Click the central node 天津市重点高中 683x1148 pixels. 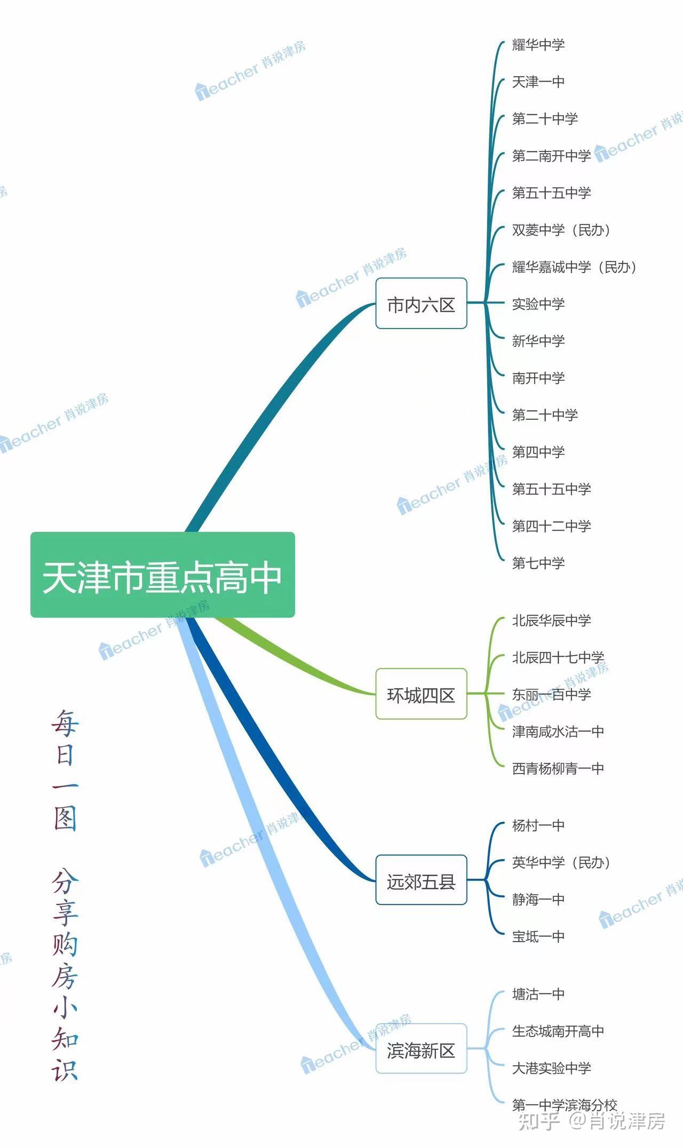162,576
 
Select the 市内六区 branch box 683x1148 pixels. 421,304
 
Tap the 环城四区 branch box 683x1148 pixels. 421,694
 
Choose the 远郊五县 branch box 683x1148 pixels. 421,881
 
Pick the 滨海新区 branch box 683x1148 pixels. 421,1049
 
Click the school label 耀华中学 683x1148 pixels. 538,45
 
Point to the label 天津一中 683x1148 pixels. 538,82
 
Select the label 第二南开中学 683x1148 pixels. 551,156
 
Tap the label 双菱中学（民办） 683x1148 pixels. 561,230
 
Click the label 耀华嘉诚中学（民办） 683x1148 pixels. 574,267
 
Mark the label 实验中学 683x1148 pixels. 538,304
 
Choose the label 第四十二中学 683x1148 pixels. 551,526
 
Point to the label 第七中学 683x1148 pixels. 538,563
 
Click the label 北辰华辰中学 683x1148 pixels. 551,620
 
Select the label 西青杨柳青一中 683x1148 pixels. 558,768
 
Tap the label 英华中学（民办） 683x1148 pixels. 561,863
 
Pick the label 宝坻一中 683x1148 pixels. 538,936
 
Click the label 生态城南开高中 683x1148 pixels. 558,1031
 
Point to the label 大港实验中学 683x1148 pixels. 551,1068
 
